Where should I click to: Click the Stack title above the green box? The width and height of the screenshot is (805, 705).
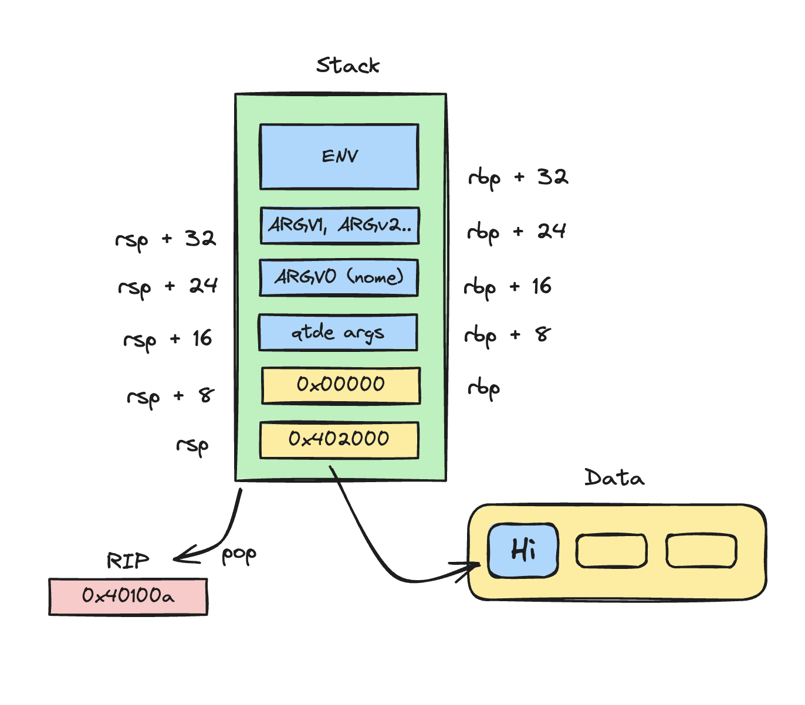pyautogui.click(x=348, y=65)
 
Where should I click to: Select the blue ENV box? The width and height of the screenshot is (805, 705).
pyautogui.click(x=339, y=157)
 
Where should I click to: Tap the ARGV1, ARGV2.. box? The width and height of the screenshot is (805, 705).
pyautogui.click(x=340, y=225)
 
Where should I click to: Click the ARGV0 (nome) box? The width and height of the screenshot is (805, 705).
pyautogui.click(x=339, y=277)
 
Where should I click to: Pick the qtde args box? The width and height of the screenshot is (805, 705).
pyautogui.click(x=338, y=333)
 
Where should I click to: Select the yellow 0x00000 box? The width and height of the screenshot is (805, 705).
pyautogui.click(x=341, y=385)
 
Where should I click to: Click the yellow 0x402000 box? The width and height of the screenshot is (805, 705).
pyautogui.click(x=339, y=439)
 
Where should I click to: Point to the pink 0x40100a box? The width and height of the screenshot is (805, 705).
pyautogui.click(x=128, y=596)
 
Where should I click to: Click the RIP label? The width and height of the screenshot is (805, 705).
pyautogui.click(x=127, y=561)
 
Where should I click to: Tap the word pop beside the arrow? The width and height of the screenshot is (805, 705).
pyautogui.click(x=238, y=555)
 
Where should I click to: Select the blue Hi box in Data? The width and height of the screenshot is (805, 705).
pyautogui.click(x=523, y=550)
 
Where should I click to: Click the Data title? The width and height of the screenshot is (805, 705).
pyautogui.click(x=614, y=477)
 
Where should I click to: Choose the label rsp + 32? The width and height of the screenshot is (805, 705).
pyautogui.click(x=165, y=239)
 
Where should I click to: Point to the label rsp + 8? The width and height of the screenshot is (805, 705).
pyautogui.click(x=171, y=397)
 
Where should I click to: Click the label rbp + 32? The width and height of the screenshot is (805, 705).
pyautogui.click(x=517, y=178)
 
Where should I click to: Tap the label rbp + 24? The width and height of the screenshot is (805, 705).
pyautogui.click(x=516, y=232)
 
